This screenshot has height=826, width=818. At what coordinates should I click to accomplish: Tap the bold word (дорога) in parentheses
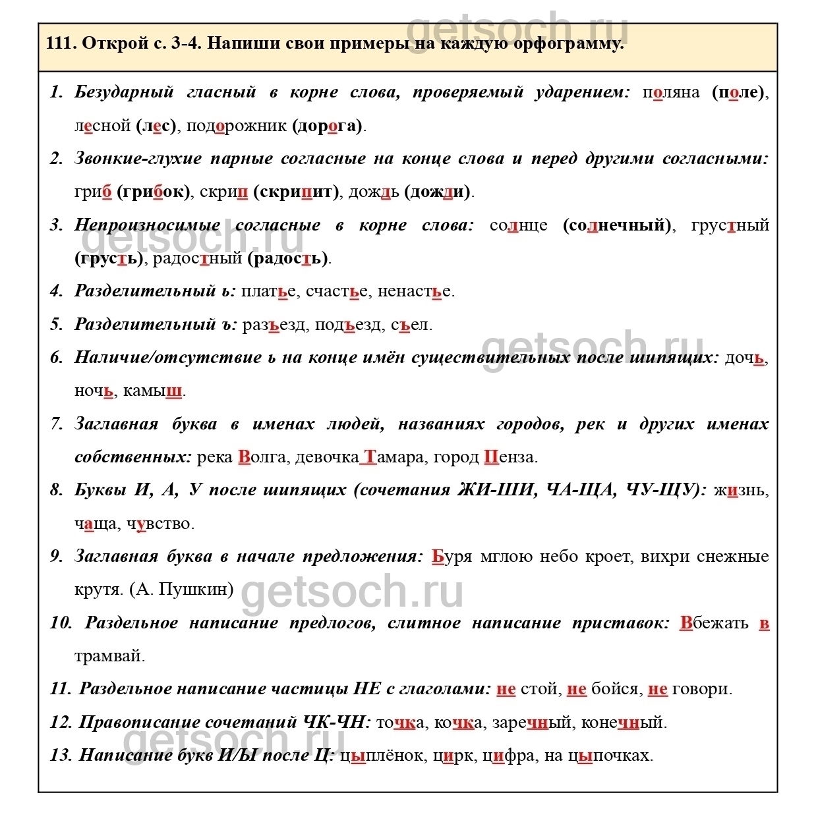(328, 126)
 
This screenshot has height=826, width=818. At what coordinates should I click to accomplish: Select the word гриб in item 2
(93, 192)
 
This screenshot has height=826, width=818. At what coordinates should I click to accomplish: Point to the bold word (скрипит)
(296, 192)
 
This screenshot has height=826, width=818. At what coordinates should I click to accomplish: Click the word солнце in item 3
(518, 225)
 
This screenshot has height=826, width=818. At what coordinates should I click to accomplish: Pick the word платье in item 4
(268, 291)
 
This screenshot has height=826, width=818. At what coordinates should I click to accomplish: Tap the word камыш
(152, 391)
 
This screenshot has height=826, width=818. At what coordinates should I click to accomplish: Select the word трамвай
(109, 656)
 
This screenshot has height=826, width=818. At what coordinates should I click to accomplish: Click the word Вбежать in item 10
(715, 623)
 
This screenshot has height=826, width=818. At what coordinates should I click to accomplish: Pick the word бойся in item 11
(616, 689)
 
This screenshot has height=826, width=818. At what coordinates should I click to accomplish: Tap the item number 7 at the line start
(57, 424)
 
